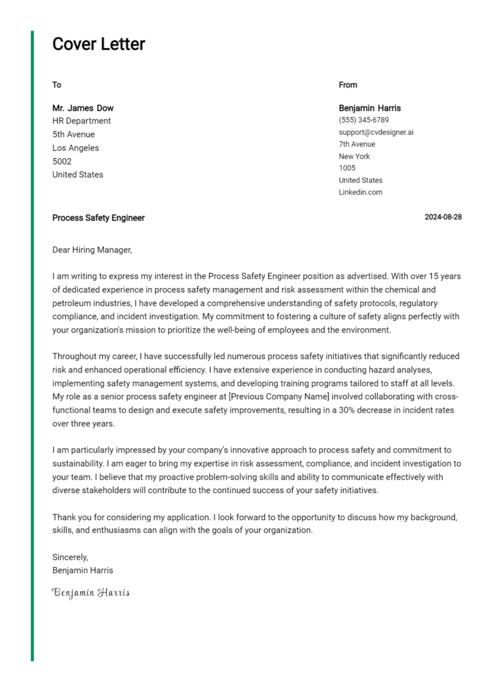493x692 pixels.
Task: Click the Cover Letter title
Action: pos(98,44)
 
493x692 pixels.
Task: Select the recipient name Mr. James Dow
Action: pos(83,108)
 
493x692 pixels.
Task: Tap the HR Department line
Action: pos(82,121)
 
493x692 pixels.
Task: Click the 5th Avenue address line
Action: pos(73,134)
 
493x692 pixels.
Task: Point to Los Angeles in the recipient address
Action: pos(76,148)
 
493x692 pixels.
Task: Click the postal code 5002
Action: pos(62,161)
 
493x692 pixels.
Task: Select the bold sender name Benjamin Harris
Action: pos(370,108)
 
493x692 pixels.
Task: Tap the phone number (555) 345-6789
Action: pos(363,120)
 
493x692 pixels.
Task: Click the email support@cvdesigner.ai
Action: pos(376,132)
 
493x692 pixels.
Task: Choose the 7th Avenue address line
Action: pos(357,144)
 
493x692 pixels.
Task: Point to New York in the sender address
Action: pos(354,157)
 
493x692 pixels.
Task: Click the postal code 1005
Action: pos(347,168)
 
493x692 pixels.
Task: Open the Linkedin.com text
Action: pos(360,193)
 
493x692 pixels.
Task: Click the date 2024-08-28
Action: pos(443,218)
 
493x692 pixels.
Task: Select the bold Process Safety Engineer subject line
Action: pos(98,218)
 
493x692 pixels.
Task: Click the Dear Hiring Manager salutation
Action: pos(92,250)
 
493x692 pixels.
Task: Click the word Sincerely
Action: pos(70,557)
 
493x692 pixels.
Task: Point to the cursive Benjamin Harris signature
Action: pos(91,592)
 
